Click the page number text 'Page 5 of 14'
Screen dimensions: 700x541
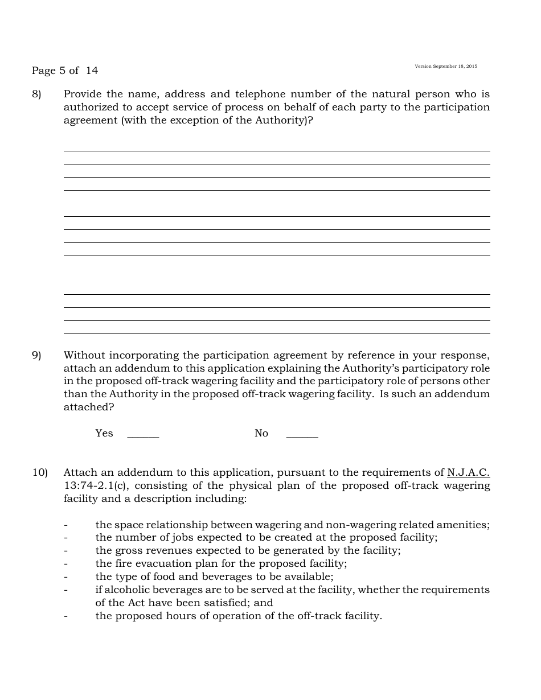(64, 71)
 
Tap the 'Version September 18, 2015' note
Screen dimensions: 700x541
(446, 67)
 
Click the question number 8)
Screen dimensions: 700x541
(36, 94)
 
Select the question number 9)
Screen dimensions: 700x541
(36, 355)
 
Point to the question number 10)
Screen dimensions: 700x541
(39, 472)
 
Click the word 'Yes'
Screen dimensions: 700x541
(104, 433)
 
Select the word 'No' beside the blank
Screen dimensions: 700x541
(261, 433)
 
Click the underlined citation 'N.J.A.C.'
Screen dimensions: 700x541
(468, 472)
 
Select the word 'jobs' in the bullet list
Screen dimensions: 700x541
(183, 537)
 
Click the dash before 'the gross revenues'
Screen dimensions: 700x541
(66, 550)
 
